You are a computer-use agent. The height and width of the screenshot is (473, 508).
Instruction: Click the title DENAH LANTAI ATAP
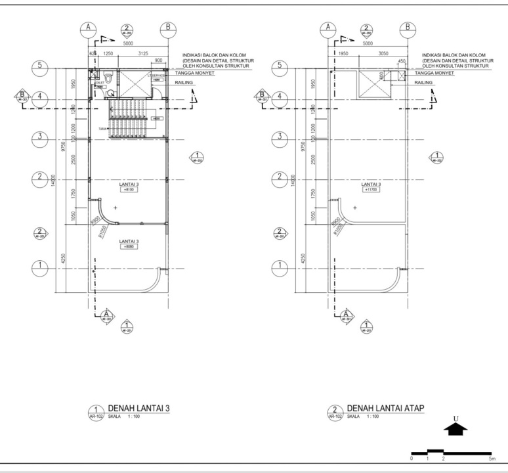point(385,409)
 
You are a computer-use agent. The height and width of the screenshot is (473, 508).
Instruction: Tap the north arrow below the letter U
point(455,429)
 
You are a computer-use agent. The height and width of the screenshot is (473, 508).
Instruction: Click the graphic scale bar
point(451,453)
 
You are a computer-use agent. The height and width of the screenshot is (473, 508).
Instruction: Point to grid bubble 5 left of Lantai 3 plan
point(41,66)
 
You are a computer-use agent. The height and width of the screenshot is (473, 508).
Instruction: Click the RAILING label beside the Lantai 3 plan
point(184,83)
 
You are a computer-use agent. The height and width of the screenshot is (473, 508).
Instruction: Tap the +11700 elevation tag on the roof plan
point(370,191)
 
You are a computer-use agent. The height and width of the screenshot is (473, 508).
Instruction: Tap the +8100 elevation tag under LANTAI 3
point(129,191)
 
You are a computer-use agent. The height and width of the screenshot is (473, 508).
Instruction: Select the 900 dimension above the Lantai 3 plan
point(158,60)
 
